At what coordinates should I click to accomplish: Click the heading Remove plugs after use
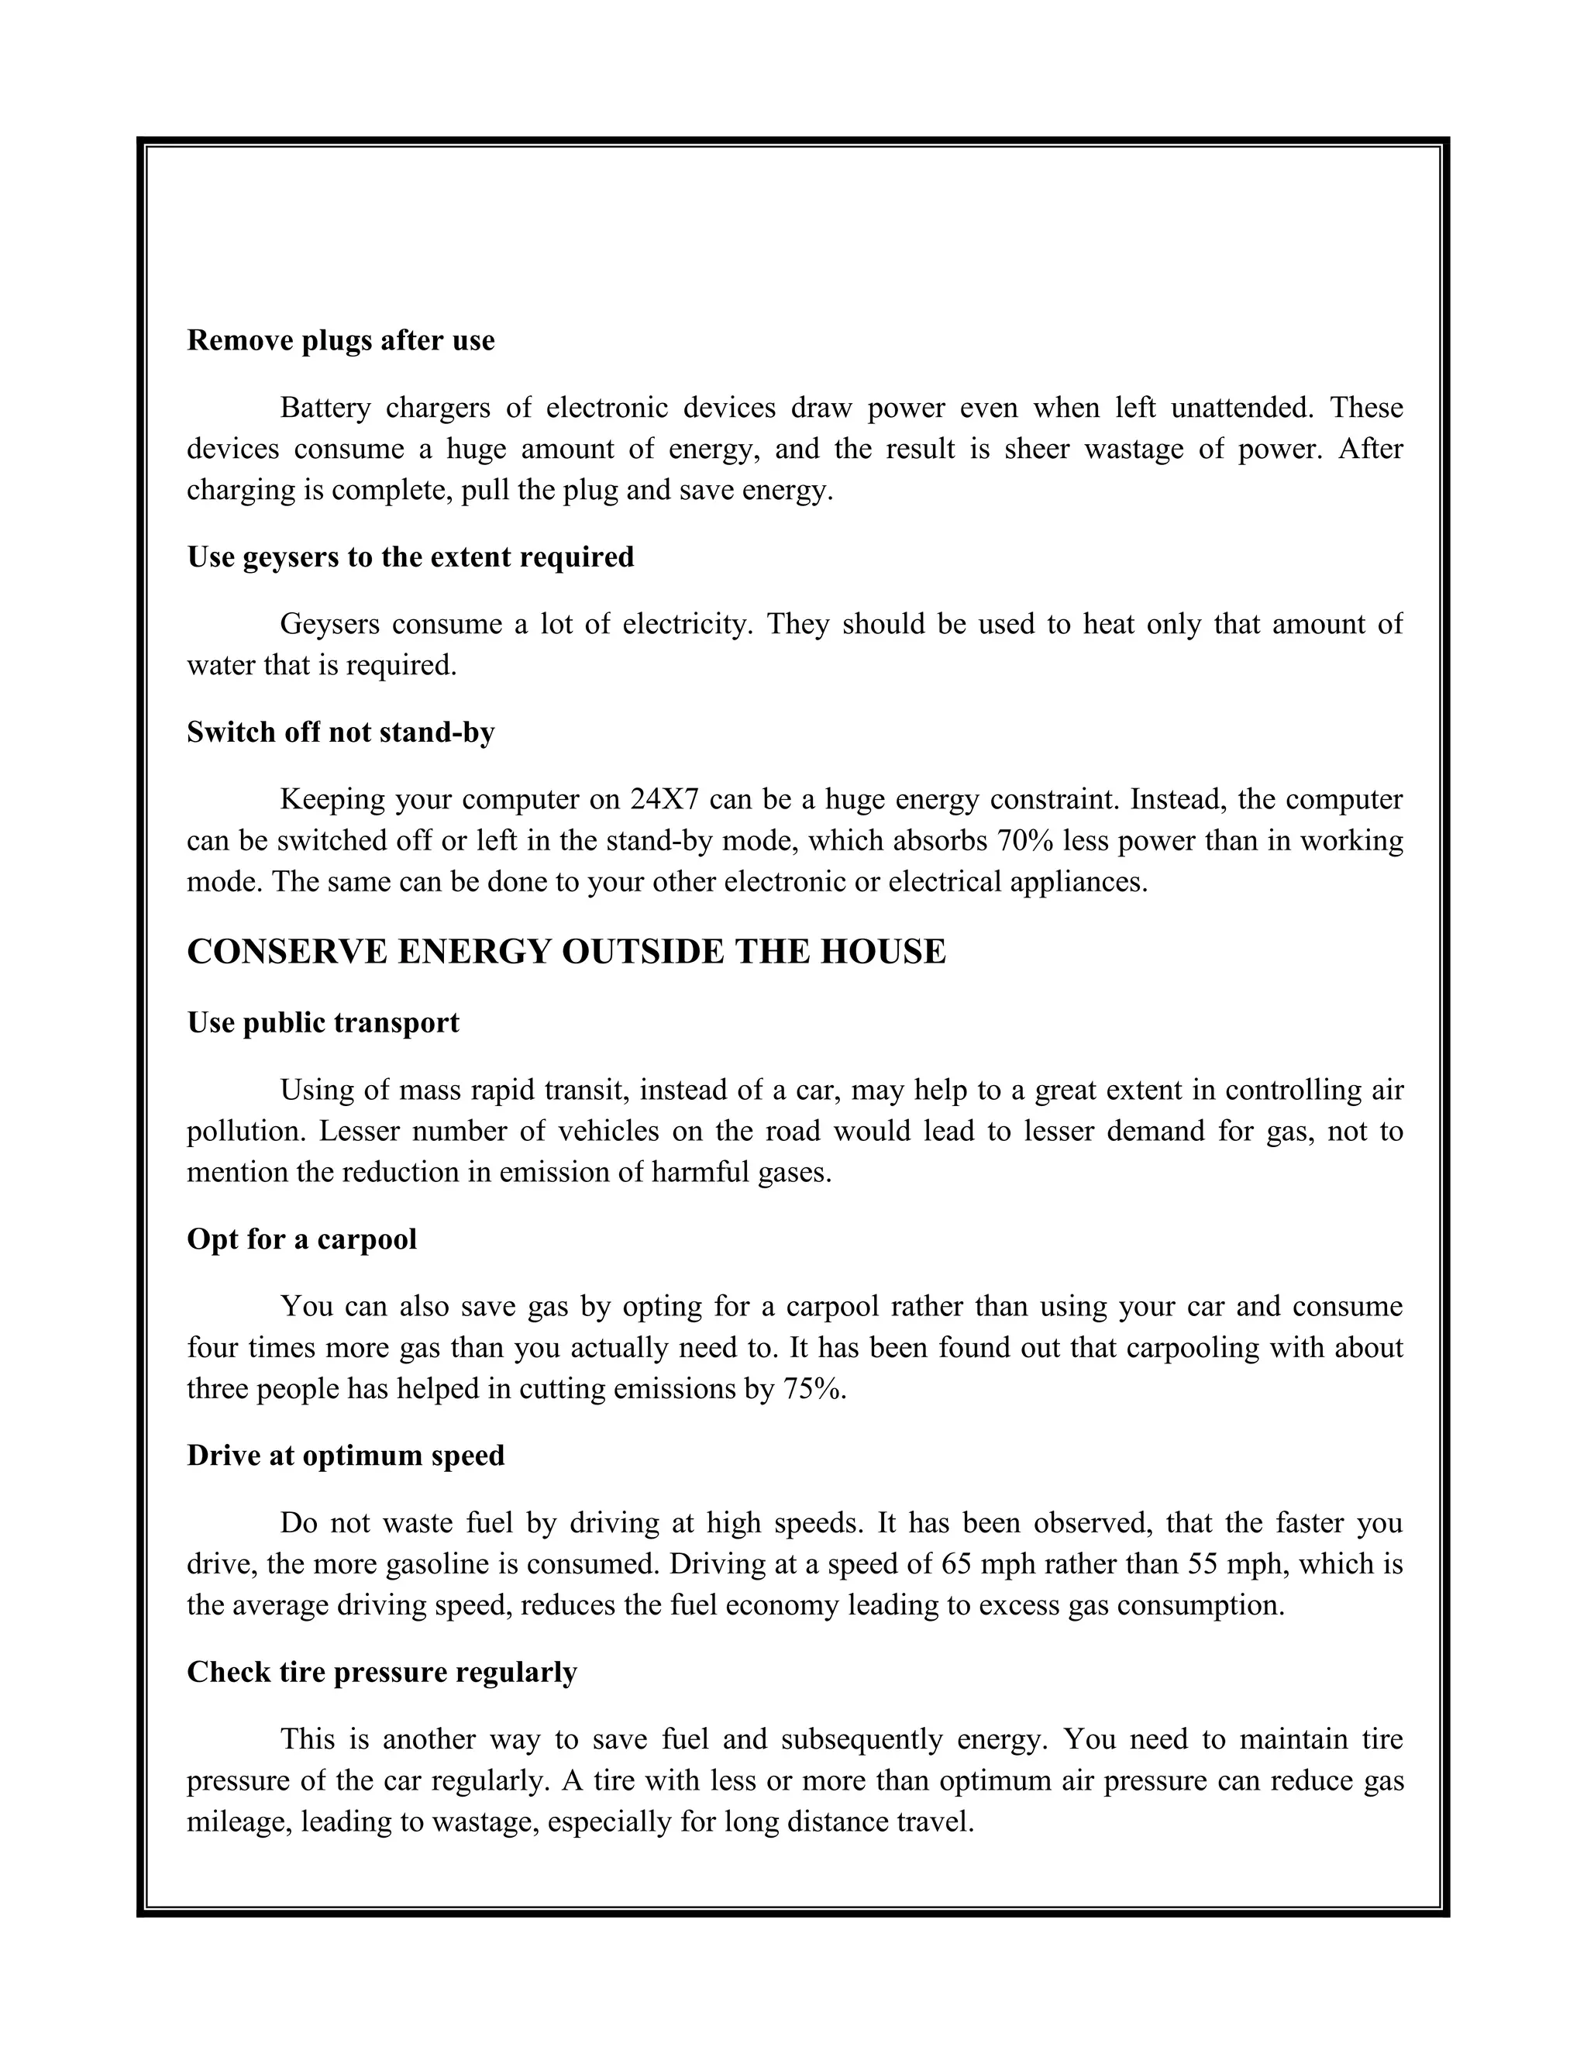(340, 340)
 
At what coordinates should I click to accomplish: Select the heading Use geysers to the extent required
(410, 557)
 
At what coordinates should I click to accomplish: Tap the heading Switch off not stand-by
(340, 732)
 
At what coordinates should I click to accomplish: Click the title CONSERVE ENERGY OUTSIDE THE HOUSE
(566, 952)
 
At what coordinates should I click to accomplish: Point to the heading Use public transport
(322, 1022)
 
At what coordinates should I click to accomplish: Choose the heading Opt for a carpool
(301, 1239)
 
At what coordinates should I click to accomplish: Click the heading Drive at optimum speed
(345, 1455)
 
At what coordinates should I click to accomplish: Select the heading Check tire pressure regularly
(382, 1671)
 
